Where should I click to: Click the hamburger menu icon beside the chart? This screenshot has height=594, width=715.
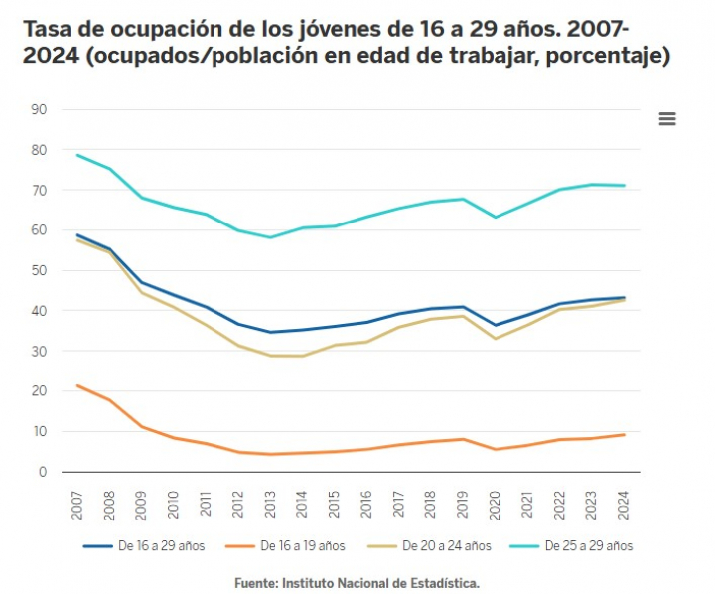coord(667,119)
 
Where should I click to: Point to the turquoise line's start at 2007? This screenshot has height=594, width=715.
coord(76,154)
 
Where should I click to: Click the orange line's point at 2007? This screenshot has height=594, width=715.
coord(76,385)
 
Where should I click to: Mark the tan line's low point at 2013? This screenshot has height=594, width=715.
coord(270,355)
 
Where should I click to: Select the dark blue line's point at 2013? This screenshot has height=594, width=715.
coord(270,332)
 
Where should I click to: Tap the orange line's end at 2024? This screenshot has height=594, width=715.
coord(625,435)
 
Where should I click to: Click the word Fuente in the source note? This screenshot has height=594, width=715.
coord(257,583)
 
